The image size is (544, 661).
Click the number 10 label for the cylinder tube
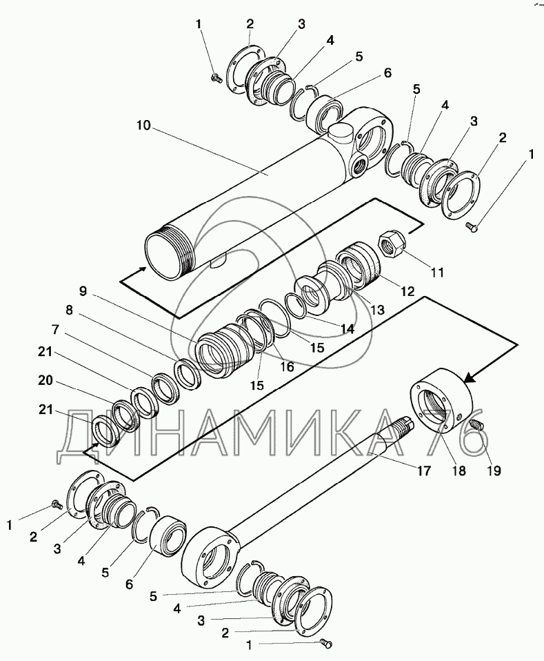144,127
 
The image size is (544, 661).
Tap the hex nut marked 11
390,245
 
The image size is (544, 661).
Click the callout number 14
347,329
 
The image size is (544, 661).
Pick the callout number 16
287,367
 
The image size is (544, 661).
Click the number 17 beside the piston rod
422,472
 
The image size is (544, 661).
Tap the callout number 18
459,472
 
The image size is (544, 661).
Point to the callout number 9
83,290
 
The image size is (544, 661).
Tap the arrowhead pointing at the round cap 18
472,377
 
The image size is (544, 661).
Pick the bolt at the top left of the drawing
216,80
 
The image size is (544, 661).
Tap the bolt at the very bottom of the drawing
327,644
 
